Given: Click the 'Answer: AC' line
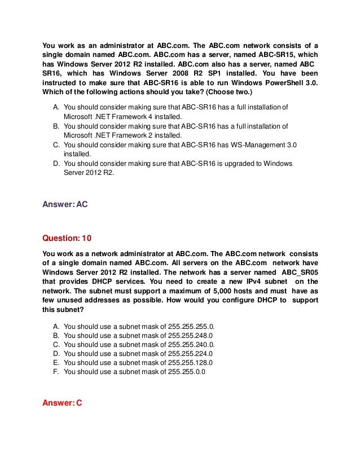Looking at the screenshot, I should (x=65, y=205).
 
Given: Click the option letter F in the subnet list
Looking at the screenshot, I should (x=55, y=372).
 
